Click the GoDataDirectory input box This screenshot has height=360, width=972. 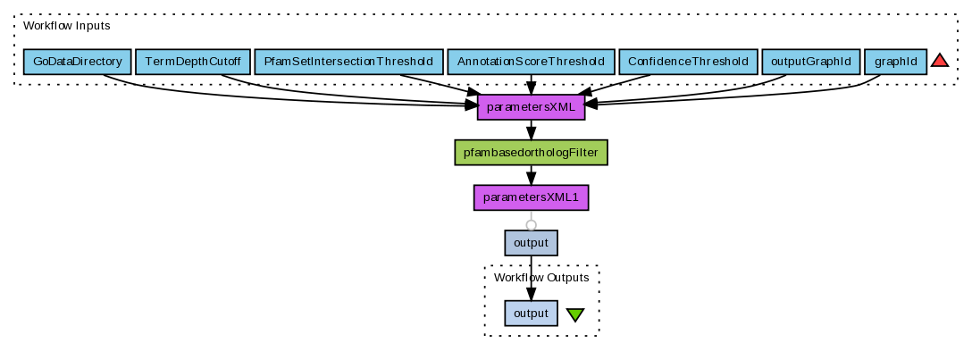coord(77,62)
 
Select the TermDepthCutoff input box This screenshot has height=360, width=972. coord(192,62)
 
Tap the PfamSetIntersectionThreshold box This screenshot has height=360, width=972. coord(348,62)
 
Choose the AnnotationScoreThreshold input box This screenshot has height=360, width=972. coord(531,62)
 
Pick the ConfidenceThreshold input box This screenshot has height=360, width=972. coord(687,62)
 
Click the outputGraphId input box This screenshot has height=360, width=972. coord(811,62)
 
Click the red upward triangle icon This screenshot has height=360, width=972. coord(939,61)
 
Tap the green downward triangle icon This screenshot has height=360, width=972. coord(575,314)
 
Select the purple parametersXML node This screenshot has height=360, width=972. coord(531,107)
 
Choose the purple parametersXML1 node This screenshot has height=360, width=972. coord(531,197)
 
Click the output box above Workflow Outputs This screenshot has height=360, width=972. coord(531,242)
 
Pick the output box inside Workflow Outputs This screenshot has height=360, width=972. coord(531,314)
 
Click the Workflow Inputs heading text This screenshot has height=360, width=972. coord(67,26)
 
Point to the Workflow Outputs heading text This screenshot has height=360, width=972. coord(541,278)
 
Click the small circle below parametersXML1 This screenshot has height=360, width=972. coord(531,224)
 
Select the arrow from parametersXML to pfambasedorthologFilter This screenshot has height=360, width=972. coord(531,130)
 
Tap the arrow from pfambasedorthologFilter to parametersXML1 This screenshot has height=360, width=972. coord(531,175)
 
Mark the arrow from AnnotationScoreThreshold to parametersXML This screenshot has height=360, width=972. coord(531,85)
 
